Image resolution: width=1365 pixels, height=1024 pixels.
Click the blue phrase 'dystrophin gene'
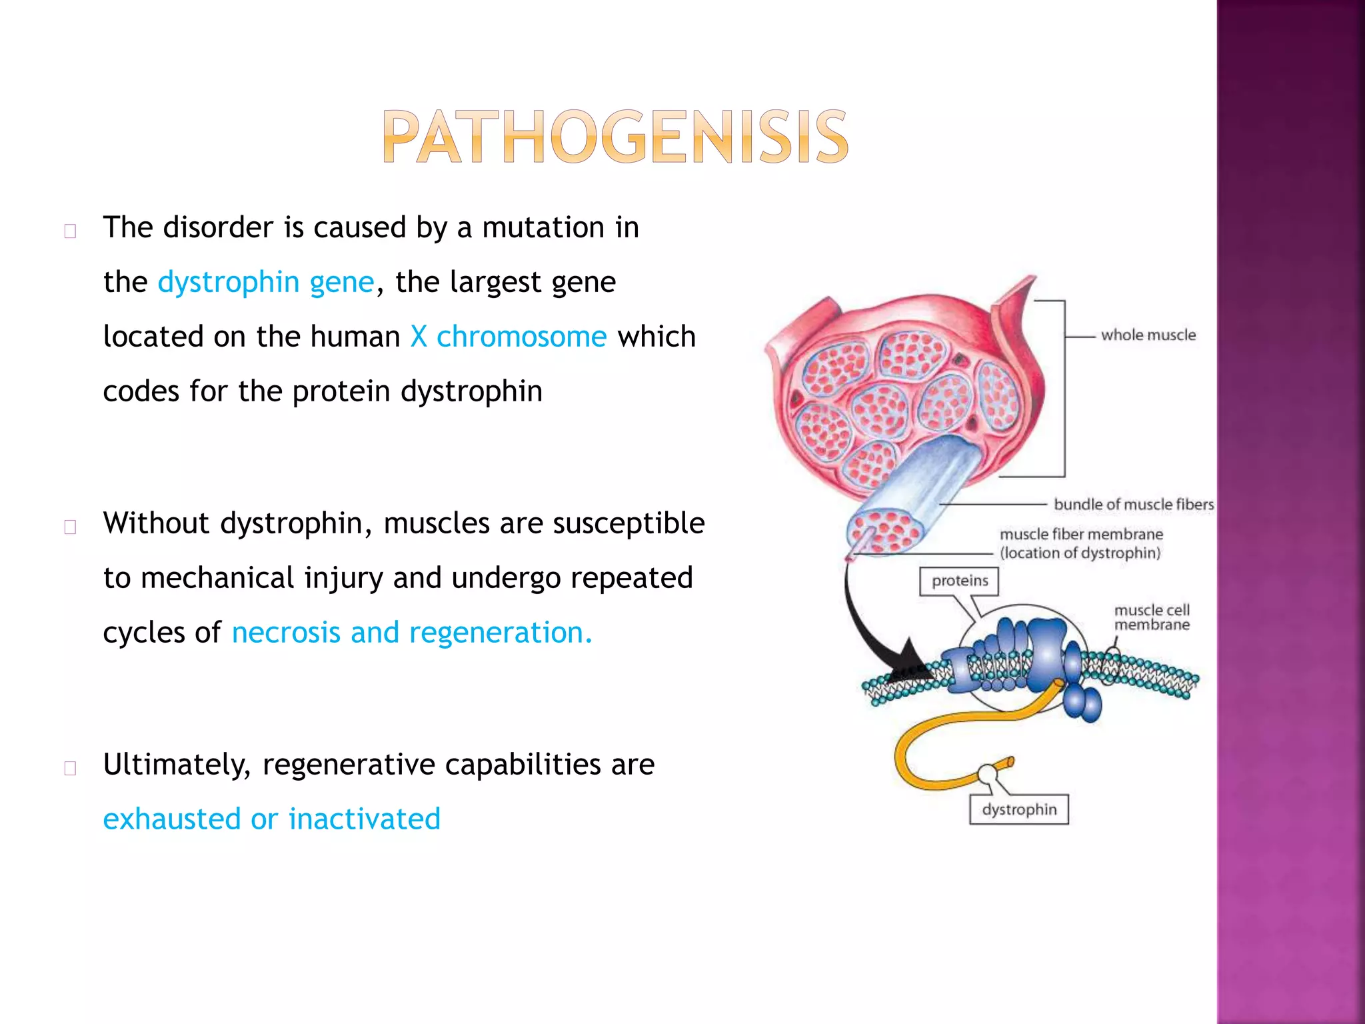266,282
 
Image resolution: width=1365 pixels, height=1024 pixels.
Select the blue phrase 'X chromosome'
509,337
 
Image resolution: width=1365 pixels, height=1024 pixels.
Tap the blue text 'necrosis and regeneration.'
412,633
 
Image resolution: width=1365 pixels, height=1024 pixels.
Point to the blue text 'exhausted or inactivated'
272,819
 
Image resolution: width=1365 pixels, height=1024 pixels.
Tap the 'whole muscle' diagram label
1148,335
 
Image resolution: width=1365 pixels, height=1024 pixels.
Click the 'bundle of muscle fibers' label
1133,505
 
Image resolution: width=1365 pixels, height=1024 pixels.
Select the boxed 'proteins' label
959,581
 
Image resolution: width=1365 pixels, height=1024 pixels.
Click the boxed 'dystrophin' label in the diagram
1019,809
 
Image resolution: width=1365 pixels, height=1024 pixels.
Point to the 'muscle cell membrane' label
1152,617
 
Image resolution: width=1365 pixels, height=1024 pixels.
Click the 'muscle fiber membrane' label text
1081,535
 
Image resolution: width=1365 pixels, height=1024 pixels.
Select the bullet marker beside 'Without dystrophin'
70,527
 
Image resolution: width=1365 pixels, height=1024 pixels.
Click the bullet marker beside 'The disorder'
70,231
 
